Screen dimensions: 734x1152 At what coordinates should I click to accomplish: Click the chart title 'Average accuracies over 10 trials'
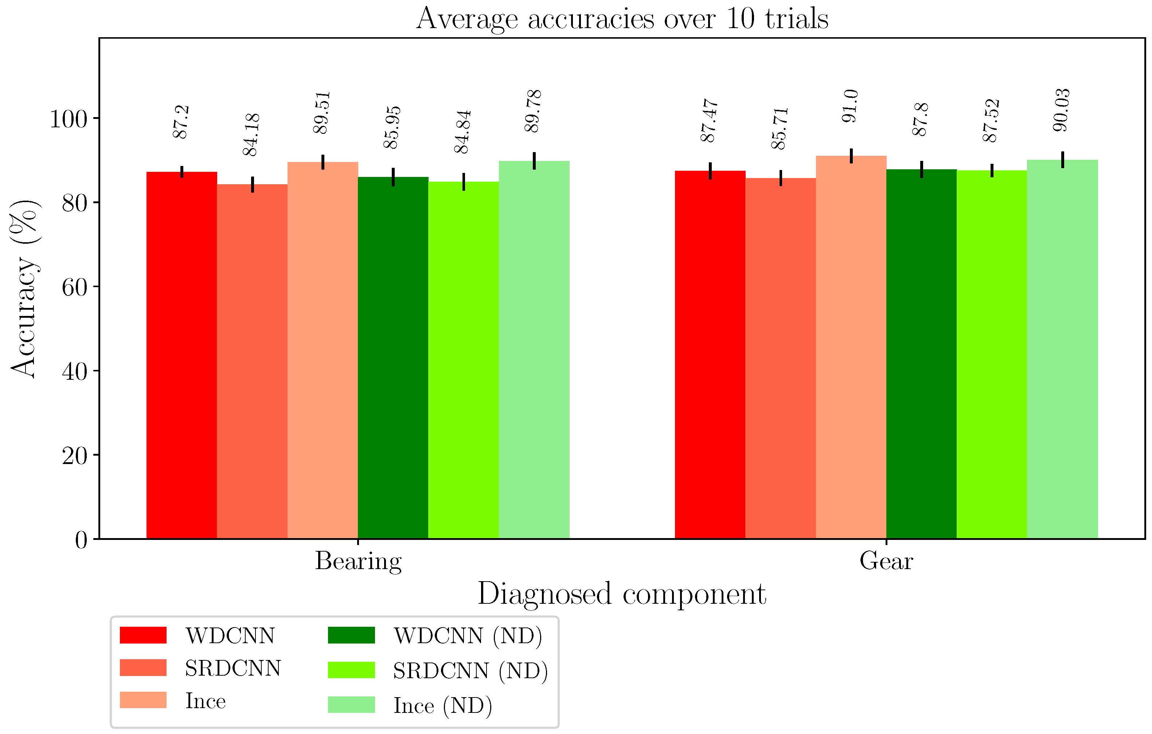click(622, 19)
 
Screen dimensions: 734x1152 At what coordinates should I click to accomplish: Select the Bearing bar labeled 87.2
click(182, 354)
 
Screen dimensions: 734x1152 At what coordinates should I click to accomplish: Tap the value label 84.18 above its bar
click(251, 135)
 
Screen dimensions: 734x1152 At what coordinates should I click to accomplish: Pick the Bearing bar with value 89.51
click(323, 349)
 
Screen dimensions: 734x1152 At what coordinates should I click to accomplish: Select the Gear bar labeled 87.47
click(710, 354)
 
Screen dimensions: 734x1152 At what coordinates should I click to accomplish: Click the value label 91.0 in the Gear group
click(851, 106)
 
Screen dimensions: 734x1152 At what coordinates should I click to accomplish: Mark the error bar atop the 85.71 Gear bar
click(781, 178)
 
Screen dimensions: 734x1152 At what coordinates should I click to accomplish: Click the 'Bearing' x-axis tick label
click(358, 561)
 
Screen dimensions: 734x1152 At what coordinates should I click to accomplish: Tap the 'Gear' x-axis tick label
click(886, 561)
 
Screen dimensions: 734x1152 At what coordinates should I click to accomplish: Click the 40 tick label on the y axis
click(75, 371)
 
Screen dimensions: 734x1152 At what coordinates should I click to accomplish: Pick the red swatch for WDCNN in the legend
click(143, 635)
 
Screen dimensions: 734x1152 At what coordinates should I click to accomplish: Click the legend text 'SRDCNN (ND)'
click(470, 670)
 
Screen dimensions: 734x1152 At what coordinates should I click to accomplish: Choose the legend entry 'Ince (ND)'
click(442, 705)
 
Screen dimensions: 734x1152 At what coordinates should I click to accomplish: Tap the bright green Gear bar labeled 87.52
click(992, 354)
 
